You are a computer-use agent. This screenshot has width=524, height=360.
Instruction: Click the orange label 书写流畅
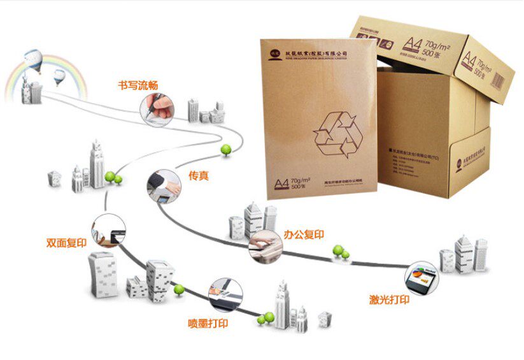click(138, 85)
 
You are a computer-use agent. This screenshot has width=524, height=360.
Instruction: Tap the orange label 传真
click(198, 175)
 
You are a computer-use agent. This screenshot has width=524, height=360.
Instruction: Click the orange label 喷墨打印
click(208, 323)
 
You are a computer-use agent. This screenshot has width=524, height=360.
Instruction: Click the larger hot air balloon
click(32, 59)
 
